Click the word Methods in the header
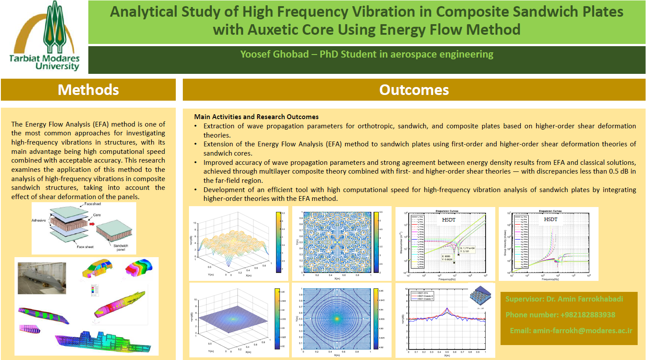pos(88,90)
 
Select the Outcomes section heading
pos(414,90)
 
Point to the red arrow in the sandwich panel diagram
pos(92,224)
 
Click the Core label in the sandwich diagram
pos(97,215)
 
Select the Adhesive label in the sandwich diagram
pos(39,220)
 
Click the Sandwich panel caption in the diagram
pos(121,247)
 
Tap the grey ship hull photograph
pos(42,278)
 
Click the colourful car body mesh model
pos(97,268)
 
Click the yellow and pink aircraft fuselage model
pos(120,303)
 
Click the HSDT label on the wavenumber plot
pos(449,219)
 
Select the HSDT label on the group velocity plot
pos(551,219)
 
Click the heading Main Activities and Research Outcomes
pos(256,116)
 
